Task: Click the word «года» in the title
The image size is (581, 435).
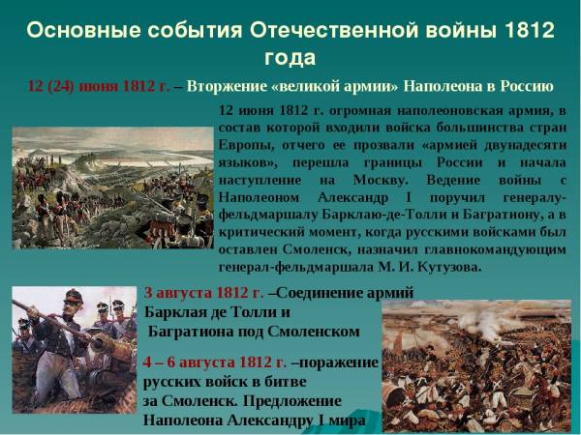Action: [x=290, y=58]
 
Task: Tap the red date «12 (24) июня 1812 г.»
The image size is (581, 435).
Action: [x=99, y=86]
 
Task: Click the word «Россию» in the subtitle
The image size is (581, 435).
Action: [x=527, y=87]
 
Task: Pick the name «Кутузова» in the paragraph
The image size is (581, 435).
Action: [x=448, y=267]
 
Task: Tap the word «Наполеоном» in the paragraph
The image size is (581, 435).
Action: [x=259, y=197]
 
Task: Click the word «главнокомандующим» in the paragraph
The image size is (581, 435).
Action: [x=495, y=250]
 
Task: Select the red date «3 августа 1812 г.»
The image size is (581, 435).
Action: [x=203, y=293]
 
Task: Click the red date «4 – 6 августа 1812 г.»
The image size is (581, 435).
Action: [x=215, y=362]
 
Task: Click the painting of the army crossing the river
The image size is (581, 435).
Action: [x=112, y=188]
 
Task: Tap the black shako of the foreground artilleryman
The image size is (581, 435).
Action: [x=74, y=297]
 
